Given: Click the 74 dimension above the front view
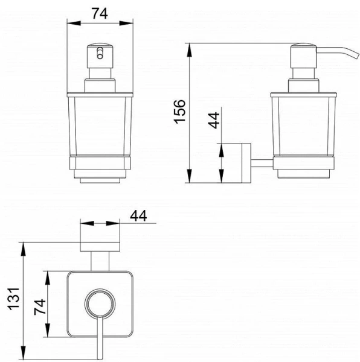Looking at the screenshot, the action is tap(100, 14).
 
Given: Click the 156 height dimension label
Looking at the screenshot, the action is tap(180, 112).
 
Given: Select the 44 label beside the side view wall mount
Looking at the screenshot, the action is tap(214, 120).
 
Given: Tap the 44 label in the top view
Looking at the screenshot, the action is tap(138, 216).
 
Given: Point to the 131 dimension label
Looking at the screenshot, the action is tap(14, 299).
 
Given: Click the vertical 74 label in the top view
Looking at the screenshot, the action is tap(40, 307).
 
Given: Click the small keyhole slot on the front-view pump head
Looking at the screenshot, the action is tap(100, 53).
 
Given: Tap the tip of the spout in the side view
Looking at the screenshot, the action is tap(358, 56).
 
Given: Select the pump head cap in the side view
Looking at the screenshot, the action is tap(303, 56).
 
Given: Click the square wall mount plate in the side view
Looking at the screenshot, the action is tap(246, 163).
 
